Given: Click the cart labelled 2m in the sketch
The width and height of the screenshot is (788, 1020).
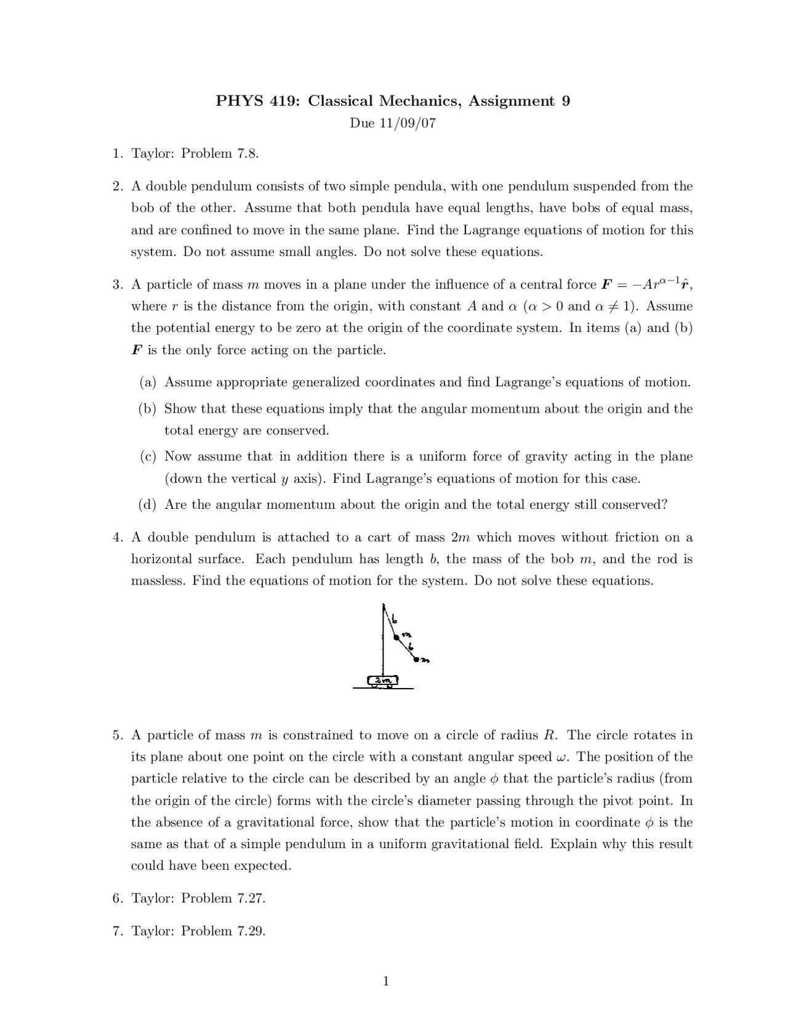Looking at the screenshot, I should point(383,681).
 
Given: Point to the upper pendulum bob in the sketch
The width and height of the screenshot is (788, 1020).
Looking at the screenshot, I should point(397,637).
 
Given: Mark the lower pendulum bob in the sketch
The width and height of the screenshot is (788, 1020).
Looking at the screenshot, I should point(417,660).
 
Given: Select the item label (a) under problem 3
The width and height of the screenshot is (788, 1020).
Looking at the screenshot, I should point(148,382).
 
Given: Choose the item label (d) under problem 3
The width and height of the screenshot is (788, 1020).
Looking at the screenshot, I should point(148,505).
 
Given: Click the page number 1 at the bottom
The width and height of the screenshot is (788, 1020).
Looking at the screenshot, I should point(386,981).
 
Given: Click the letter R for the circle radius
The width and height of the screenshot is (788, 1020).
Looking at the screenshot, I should point(550,735).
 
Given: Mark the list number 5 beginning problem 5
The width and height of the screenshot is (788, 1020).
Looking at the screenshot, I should point(116,735).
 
